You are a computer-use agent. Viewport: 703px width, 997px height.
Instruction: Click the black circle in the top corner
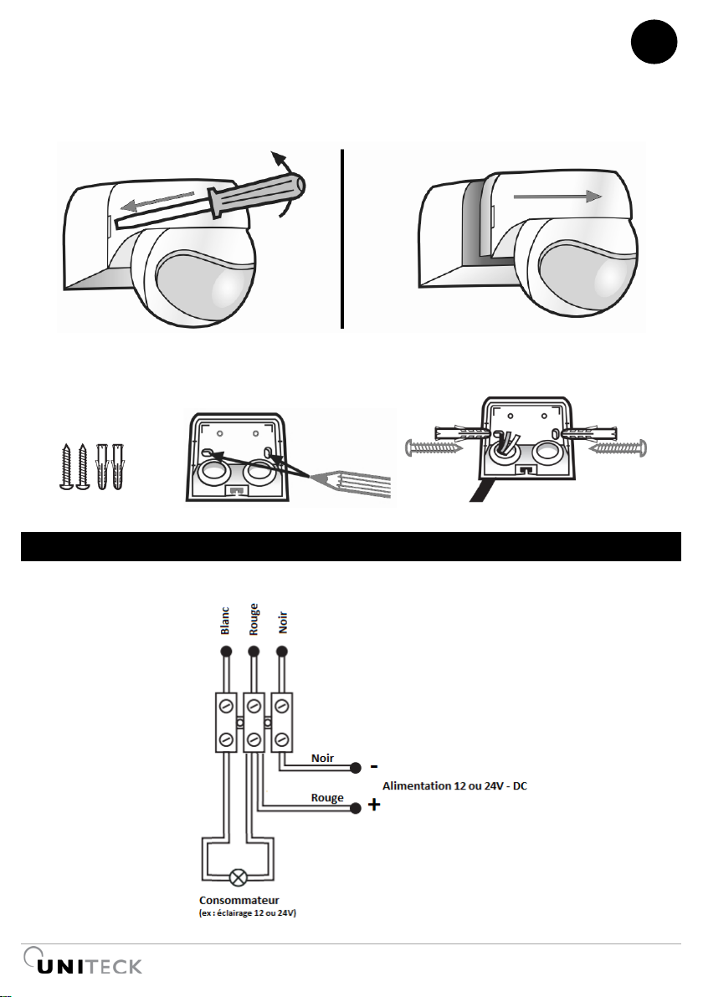coord(654,42)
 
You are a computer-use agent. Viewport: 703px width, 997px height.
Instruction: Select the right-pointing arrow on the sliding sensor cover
coord(557,196)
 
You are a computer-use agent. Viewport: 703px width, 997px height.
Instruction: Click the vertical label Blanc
coord(224,620)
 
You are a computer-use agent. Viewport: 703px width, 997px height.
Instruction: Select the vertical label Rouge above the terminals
coord(254,619)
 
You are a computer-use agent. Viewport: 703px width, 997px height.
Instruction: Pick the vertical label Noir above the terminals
coord(283,622)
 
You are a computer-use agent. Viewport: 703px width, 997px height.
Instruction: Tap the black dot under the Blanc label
coord(225,651)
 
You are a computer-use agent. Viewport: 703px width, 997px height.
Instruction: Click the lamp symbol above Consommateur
coord(239,878)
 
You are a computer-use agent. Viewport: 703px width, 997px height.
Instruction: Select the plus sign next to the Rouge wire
coord(374,805)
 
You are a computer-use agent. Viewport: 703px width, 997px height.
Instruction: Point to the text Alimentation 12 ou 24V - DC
coord(455,786)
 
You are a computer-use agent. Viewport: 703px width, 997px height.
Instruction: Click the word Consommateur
coord(239,900)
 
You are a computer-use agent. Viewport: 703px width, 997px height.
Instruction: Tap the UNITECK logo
coord(83,961)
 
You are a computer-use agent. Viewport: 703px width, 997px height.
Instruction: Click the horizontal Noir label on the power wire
coord(322,758)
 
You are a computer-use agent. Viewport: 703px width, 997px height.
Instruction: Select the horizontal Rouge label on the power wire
coord(327,798)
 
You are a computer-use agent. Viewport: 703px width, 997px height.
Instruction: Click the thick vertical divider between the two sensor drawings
coord(342,238)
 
